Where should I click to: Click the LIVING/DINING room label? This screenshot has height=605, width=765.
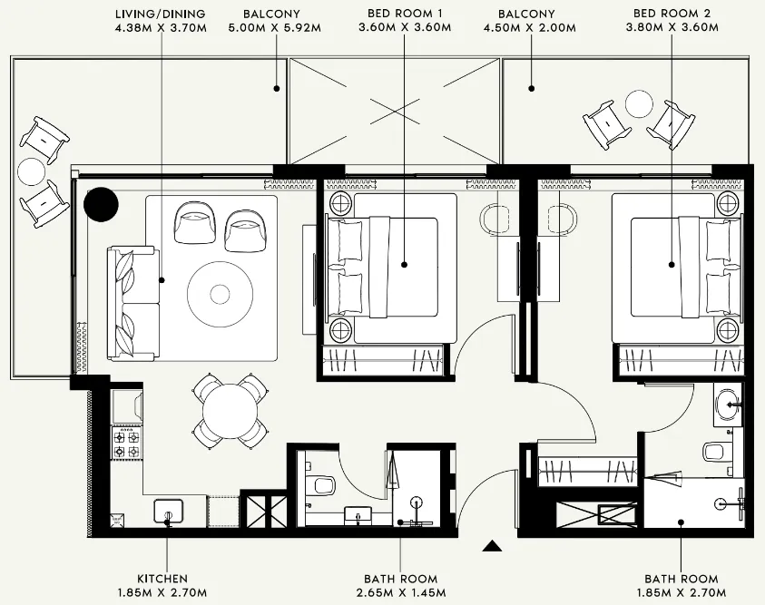click(161, 14)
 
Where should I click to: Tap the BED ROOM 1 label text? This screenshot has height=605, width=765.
click(404, 14)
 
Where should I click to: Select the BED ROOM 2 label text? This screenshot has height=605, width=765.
click(672, 14)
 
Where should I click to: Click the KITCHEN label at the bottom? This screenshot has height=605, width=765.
click(162, 579)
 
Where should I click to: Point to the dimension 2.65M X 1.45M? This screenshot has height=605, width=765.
click(400, 593)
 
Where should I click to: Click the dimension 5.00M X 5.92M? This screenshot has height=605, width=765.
click(278, 28)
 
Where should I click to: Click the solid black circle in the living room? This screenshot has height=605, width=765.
click(101, 204)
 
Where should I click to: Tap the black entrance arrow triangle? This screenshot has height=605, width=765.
click(492, 546)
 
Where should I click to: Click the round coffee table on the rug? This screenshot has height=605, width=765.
click(220, 293)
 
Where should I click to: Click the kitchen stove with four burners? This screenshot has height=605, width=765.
click(125, 443)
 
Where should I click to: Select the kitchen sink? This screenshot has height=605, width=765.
click(169, 512)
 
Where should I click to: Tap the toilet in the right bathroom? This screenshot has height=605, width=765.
click(714, 450)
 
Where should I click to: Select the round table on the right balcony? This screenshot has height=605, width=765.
click(638, 106)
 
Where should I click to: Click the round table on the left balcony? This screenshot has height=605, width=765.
click(32, 171)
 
